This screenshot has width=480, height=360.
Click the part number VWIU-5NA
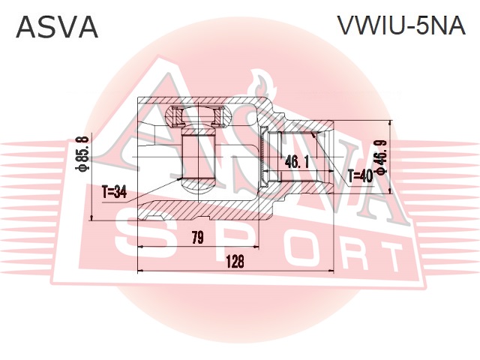coord(400,26)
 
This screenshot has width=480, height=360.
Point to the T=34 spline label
coord(114,193)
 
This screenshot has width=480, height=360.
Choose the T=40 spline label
coord(360,177)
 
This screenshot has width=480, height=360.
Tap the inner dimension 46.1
coord(296,160)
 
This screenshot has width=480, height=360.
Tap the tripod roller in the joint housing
coord(199,154)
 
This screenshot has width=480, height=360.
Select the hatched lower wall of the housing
coord(202,209)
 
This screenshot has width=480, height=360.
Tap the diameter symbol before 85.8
coord(82,169)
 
